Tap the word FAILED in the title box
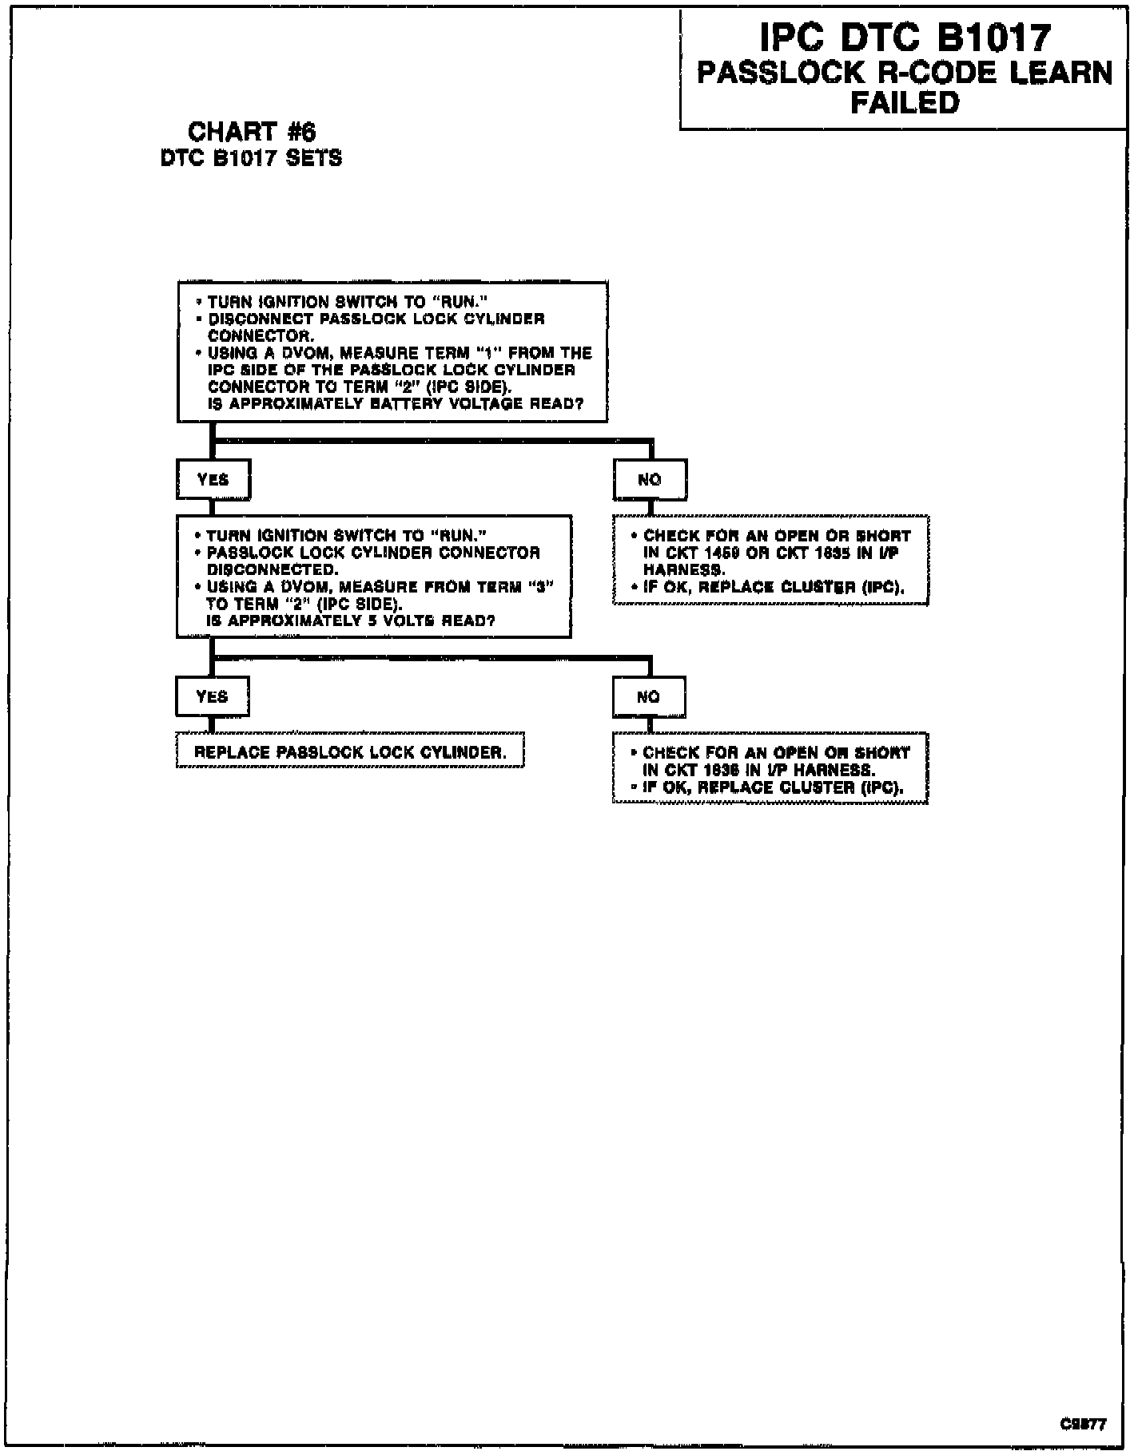point(905,103)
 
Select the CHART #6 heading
point(252,131)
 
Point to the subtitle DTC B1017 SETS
point(252,158)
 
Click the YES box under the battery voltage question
point(213,479)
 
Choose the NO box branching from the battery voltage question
point(650,479)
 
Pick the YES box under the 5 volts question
point(213,696)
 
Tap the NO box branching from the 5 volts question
point(649,696)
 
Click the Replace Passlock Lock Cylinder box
point(350,752)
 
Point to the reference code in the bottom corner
point(1084,1423)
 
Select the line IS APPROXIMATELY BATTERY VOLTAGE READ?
point(396,404)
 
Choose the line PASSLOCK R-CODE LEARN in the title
point(905,73)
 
